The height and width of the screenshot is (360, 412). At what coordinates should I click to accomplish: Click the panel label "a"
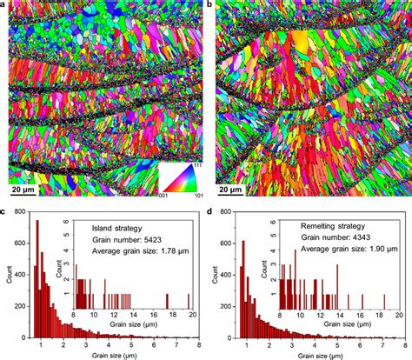tap(4, 5)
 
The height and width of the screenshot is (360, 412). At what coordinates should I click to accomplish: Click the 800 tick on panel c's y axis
tap(21, 211)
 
